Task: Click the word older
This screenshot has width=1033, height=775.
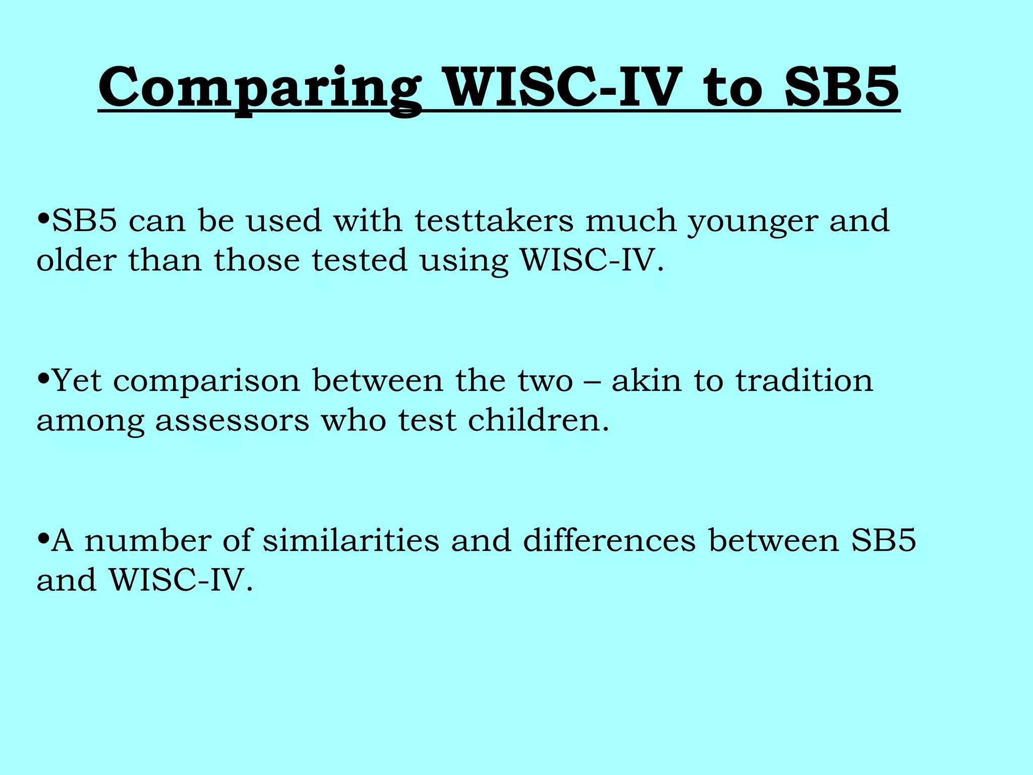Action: [x=76, y=260]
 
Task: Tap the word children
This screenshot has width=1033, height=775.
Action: [x=538, y=420]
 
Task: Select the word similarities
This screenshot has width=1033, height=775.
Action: [x=351, y=540]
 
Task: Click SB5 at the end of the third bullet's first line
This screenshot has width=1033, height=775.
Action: [x=883, y=540]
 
